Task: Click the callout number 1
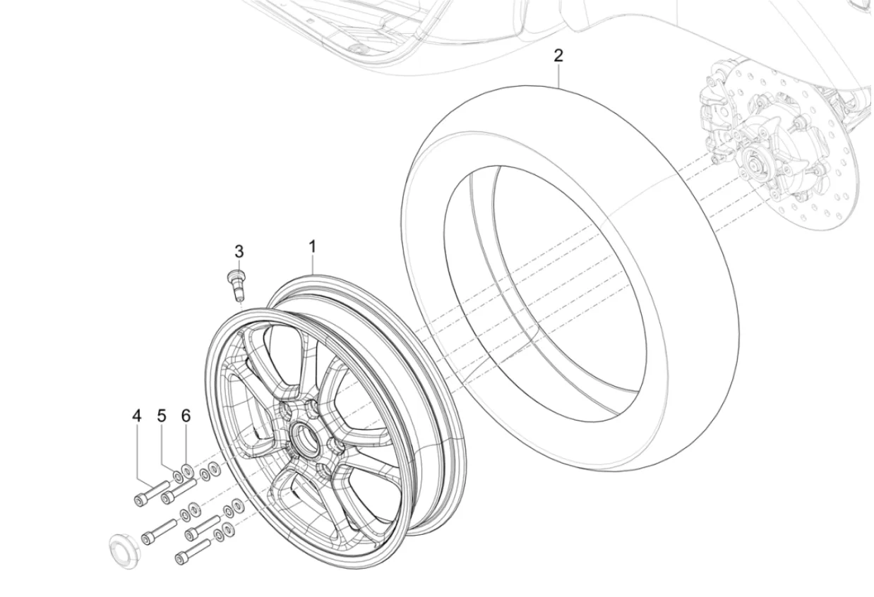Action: [312, 247]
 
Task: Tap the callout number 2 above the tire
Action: [558, 56]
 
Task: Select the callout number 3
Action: [239, 252]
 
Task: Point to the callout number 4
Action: [136, 416]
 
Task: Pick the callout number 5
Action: [162, 416]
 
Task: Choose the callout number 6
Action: [186, 416]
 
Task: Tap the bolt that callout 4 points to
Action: [151, 493]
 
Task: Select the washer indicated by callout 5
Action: [177, 476]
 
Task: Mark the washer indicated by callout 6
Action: [187, 470]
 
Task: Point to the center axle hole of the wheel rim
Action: [305, 436]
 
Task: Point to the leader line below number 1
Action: [313, 265]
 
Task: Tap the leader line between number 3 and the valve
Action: [239, 265]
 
